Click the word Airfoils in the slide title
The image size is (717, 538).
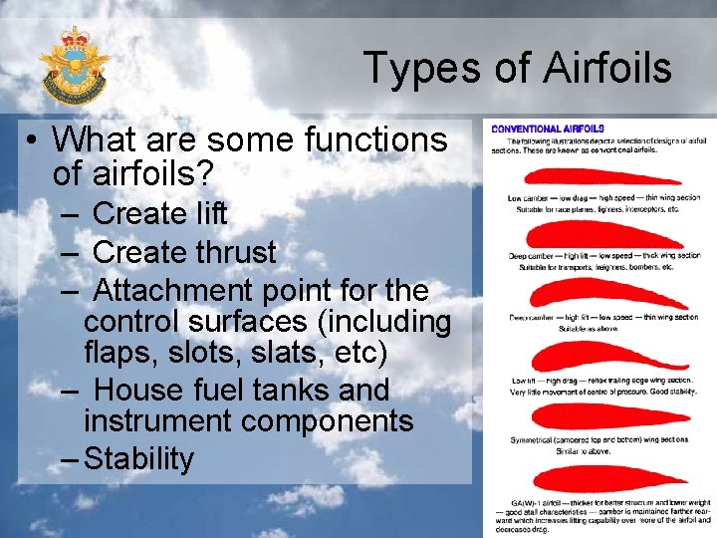tap(605, 69)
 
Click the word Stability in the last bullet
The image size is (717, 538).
tap(139, 459)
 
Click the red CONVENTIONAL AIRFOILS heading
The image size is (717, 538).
tap(548, 128)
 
